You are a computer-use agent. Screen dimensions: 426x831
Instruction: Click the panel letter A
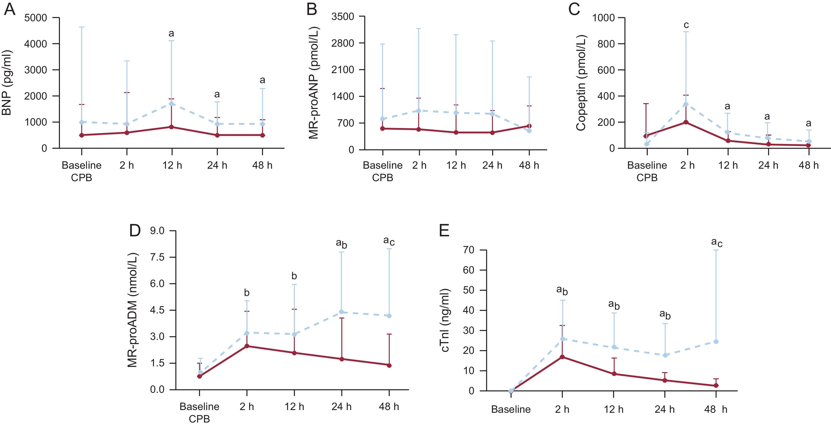pyautogui.click(x=10, y=10)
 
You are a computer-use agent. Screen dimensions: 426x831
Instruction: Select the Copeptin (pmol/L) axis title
pyautogui.click(x=581, y=83)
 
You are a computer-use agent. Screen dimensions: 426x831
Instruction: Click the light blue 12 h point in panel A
pyautogui.click(x=172, y=104)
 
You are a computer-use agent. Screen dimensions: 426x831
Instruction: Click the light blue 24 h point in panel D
pyautogui.click(x=342, y=312)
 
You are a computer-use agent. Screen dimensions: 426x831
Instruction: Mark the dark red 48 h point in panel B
pyautogui.click(x=529, y=126)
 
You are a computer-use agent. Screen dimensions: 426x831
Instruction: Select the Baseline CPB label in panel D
pyautogui.click(x=199, y=413)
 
